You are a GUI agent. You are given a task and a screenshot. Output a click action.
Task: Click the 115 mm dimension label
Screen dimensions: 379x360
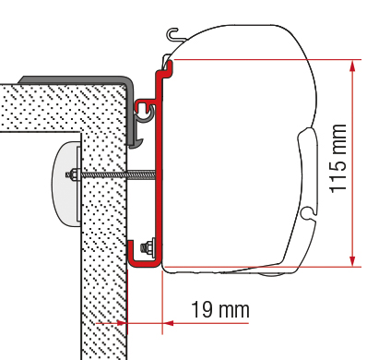click(338, 159)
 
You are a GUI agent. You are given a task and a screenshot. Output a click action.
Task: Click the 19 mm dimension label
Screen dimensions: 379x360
click(220, 309)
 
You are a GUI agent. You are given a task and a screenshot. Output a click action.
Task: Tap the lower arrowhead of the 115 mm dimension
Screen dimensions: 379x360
click(352, 260)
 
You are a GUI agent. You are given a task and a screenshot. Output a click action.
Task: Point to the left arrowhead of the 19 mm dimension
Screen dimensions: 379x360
click(122, 323)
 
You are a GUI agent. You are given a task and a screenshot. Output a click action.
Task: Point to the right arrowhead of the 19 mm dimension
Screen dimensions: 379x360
click(168, 323)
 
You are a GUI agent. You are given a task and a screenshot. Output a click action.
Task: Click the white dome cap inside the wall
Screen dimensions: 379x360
click(65, 184)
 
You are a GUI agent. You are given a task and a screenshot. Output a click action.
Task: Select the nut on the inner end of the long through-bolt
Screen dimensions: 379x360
click(73, 175)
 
